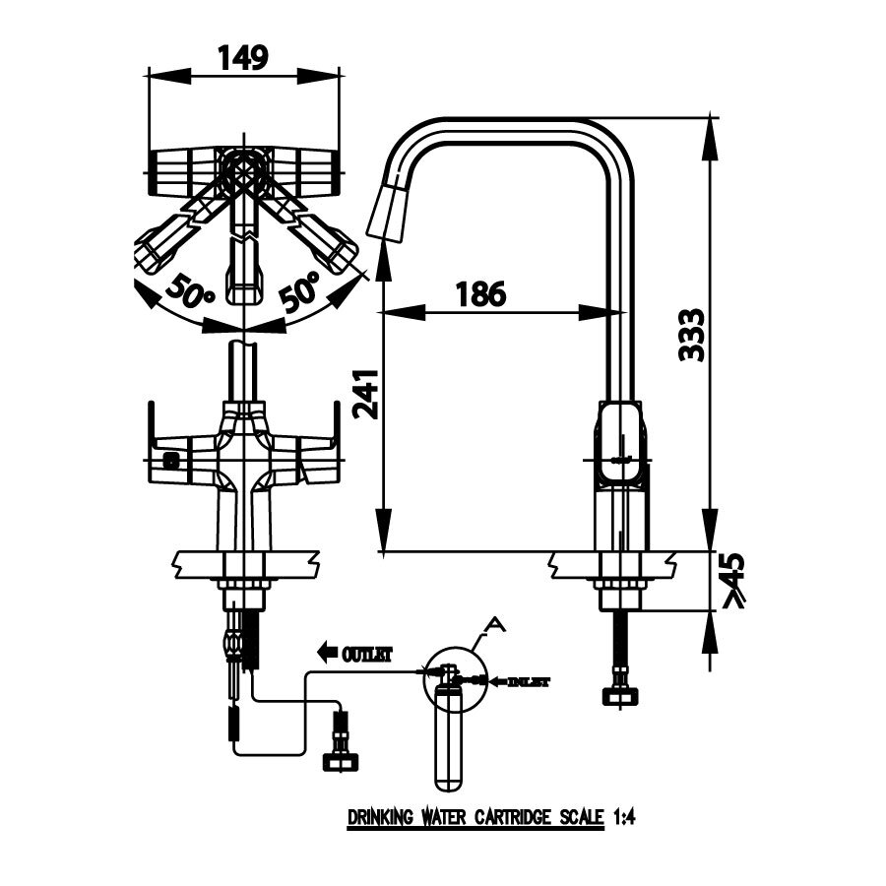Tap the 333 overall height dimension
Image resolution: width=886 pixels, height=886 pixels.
[x=692, y=335]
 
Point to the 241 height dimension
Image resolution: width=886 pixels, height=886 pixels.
[x=364, y=394]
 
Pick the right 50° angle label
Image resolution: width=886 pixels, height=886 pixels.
[x=299, y=289]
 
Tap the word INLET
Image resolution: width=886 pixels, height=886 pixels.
[x=530, y=681]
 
